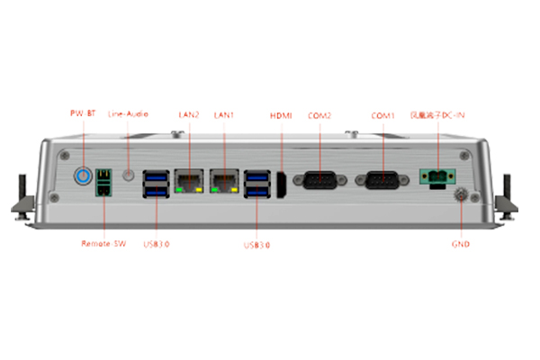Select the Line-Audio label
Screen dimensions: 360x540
pos(128,114)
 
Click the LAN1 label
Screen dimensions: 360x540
pos(224,114)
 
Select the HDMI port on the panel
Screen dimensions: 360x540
pos(280,184)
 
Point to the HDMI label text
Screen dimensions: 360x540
pos(281,114)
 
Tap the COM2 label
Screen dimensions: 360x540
pos(319,114)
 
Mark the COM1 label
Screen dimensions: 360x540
pos(383,114)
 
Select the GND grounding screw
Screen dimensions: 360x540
pos(461,193)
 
